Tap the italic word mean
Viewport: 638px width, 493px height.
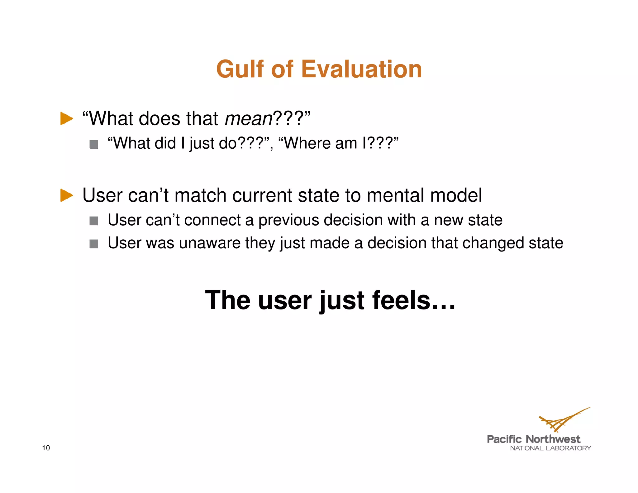click(249, 119)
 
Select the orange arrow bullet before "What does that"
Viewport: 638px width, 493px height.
click(66, 119)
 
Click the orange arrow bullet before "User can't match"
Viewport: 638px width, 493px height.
click(66, 195)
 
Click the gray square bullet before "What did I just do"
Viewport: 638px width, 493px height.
click(94, 144)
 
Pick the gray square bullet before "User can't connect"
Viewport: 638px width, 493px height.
click(94, 221)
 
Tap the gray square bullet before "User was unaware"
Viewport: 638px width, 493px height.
click(94, 244)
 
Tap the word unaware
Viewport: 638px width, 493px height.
click(210, 243)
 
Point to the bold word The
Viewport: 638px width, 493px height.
click(228, 300)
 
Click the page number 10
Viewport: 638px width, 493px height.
click(46, 448)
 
